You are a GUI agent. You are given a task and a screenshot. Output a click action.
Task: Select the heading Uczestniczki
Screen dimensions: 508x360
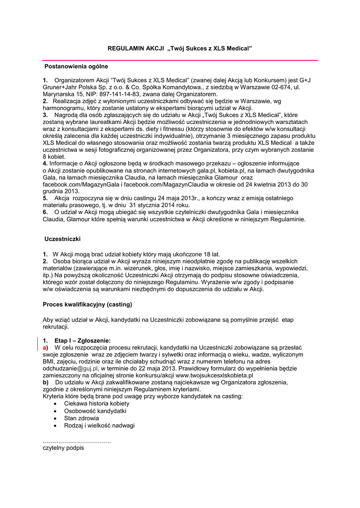tap(63, 239)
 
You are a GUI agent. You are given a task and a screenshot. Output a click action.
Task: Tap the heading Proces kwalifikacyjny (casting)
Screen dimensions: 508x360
tap(87, 303)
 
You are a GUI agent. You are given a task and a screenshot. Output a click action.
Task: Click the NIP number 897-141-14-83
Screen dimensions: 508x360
tap(110, 93)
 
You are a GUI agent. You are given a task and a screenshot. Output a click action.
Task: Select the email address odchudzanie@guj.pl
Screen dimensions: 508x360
tap(71, 369)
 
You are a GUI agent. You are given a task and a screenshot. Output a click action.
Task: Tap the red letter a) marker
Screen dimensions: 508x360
tap(46, 348)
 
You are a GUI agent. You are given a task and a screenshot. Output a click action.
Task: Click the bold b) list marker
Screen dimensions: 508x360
tap(46, 382)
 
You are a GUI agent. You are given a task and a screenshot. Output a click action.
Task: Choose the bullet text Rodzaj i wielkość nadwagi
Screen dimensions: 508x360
tap(99, 425)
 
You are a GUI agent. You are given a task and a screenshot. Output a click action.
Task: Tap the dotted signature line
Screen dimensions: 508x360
tap(76, 441)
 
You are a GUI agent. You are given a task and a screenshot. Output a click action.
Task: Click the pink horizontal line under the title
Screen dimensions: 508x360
tap(179, 60)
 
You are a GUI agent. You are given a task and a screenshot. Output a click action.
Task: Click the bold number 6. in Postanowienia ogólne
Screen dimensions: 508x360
tap(45, 211)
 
